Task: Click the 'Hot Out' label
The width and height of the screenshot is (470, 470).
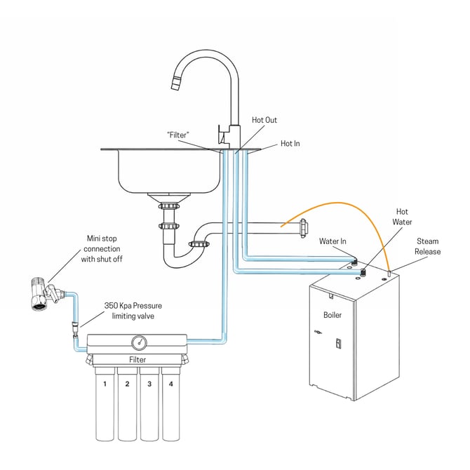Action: click(264, 120)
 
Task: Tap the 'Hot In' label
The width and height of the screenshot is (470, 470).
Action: click(290, 143)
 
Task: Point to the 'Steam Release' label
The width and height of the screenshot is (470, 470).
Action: click(428, 246)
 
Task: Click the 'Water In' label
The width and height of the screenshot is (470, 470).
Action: click(333, 241)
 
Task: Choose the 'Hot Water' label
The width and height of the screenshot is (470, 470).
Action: click(402, 216)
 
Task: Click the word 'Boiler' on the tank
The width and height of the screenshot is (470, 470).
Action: click(333, 315)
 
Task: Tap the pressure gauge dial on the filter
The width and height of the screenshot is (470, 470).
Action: click(138, 342)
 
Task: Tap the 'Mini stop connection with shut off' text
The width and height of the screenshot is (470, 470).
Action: click(102, 249)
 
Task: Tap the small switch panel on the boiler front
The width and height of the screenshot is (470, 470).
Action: click(337, 344)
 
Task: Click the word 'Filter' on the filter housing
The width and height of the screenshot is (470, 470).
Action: click(137, 359)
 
